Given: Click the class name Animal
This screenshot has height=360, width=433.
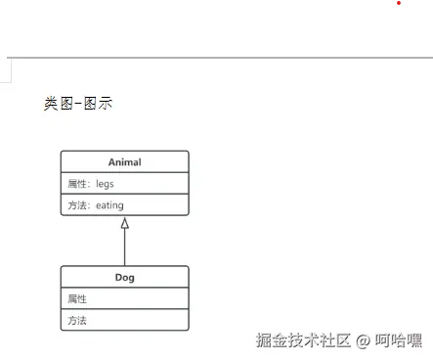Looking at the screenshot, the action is (124, 162).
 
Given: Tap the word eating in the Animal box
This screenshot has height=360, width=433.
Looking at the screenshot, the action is (109, 205).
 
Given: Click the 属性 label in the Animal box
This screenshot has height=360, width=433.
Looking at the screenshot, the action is (77, 184).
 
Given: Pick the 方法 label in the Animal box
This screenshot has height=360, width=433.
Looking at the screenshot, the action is (77, 205).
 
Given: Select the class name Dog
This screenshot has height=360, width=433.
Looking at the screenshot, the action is (124, 278).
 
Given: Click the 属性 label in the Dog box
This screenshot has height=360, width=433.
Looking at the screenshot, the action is (77, 298).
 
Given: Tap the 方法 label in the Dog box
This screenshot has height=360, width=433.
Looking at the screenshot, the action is (77, 320).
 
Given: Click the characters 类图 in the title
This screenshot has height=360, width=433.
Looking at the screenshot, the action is (58, 103).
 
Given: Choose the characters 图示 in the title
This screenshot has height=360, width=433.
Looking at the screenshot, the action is (98, 103).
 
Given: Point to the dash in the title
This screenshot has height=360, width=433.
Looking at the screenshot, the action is (78, 103).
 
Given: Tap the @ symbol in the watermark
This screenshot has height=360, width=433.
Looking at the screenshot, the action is (363, 341).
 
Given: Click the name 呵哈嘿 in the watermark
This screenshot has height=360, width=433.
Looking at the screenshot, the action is (399, 340).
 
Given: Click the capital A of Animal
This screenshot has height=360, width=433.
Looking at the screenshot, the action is (110, 162).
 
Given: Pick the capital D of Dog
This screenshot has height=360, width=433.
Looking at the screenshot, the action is (118, 278).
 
